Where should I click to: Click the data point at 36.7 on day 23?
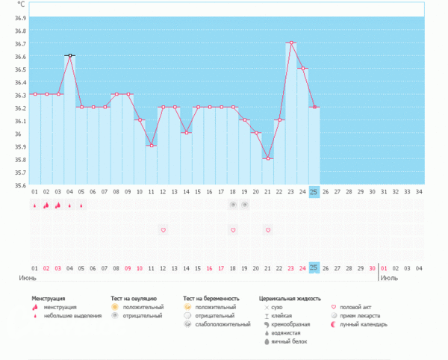point(291,43)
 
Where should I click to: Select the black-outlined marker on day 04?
point(69,55)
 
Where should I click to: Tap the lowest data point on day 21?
point(268,158)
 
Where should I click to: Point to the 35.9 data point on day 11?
point(151,146)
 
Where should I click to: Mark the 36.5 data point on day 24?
point(302,69)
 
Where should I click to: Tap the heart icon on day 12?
point(163,230)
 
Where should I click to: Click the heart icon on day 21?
point(268,230)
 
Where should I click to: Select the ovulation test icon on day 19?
point(244,204)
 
